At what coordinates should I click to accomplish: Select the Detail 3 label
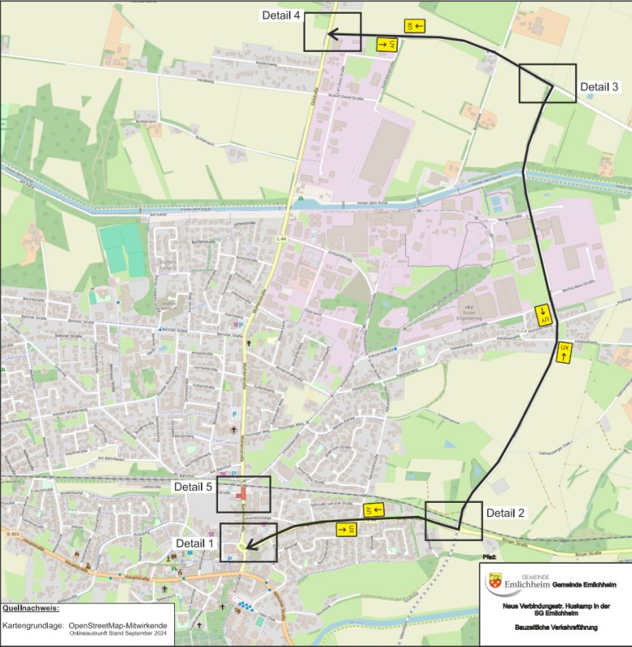599,87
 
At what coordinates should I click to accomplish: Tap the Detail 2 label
506,513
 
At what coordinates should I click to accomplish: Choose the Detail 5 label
194,487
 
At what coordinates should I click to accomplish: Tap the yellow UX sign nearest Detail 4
411,27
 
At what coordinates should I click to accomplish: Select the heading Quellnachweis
31,607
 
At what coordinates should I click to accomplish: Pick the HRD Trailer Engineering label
468,313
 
